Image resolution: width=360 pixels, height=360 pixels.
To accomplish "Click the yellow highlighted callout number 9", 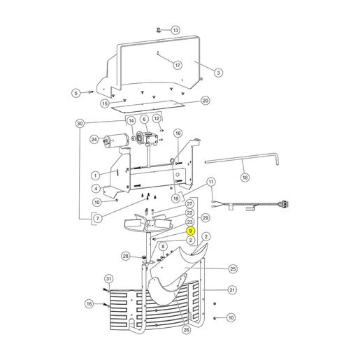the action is (x=190, y=231).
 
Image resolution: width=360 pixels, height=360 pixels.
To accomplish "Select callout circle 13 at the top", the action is (x=175, y=30).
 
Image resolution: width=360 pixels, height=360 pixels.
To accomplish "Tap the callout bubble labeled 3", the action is (x=218, y=73).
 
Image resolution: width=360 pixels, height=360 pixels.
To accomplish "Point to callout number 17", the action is (x=178, y=65).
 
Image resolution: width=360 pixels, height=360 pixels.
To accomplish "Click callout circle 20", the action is (x=205, y=101).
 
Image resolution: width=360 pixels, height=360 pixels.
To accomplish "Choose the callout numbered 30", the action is (x=80, y=123).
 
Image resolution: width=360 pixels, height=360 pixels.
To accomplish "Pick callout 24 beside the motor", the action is (x=94, y=140).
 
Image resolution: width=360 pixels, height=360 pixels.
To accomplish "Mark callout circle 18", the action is (x=245, y=178).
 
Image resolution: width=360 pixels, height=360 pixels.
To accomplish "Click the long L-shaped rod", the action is (x=243, y=158).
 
